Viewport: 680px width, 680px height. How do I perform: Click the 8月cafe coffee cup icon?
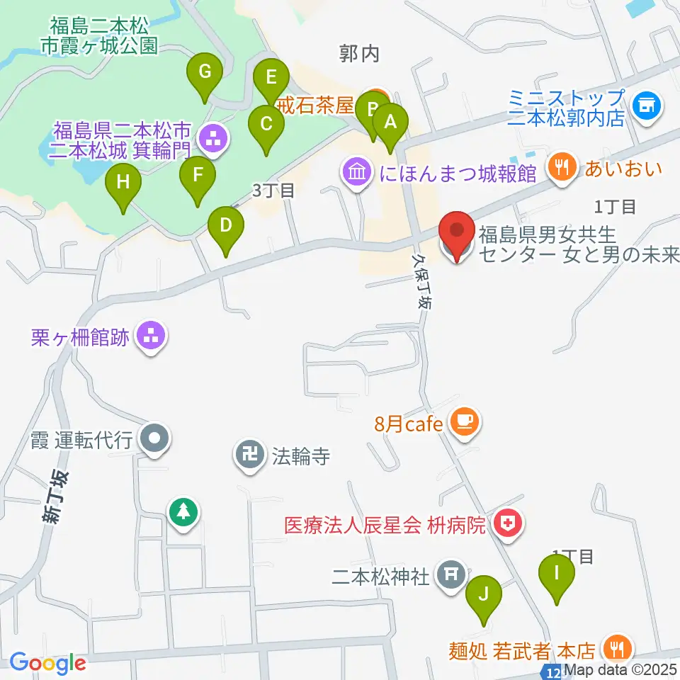(x=465, y=422)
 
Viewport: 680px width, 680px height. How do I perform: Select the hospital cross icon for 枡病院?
(x=508, y=525)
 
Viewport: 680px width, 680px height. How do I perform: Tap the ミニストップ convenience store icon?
(x=647, y=106)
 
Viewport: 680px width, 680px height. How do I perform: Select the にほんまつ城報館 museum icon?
(x=356, y=172)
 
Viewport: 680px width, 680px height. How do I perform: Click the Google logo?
(x=47, y=663)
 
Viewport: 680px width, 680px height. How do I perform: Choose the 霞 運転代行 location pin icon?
(x=154, y=440)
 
